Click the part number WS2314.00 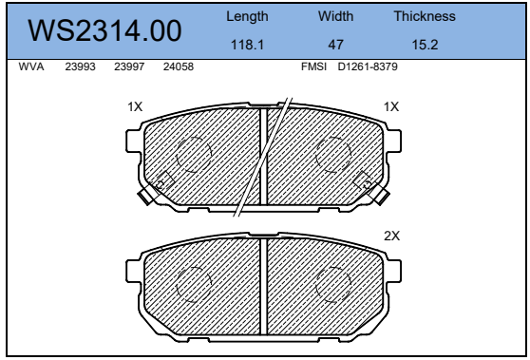[104, 30]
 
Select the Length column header [247, 16]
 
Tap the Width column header [335, 16]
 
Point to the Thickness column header [425, 16]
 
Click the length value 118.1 [247, 45]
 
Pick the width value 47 [335, 45]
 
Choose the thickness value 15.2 [425, 45]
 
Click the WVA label [31, 66]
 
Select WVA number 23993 [80, 66]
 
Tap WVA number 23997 [129, 66]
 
